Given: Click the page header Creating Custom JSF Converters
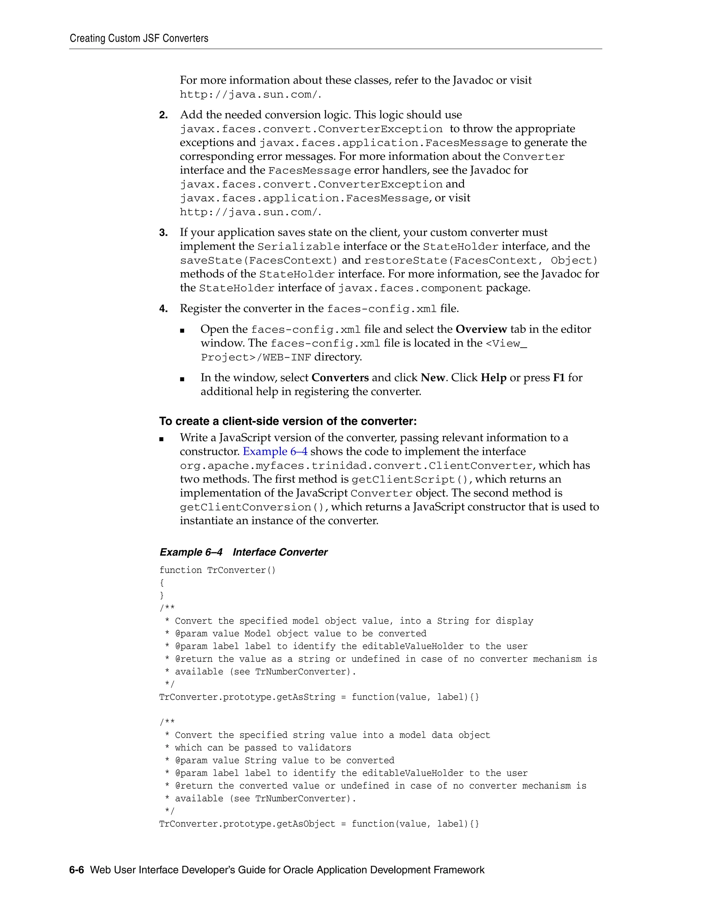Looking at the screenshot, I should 139,39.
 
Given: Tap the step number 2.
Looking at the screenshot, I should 163,115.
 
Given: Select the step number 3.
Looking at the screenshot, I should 163,233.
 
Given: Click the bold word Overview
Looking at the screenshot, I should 481,329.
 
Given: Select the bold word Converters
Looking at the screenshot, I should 340,378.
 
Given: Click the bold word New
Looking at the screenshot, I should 433,378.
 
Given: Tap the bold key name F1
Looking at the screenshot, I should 559,378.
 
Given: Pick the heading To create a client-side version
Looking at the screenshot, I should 288,421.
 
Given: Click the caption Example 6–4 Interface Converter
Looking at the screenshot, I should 243,552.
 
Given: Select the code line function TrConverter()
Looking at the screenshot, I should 218,570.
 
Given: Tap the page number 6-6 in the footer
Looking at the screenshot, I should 77,870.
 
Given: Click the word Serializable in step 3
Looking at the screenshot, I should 299,247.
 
